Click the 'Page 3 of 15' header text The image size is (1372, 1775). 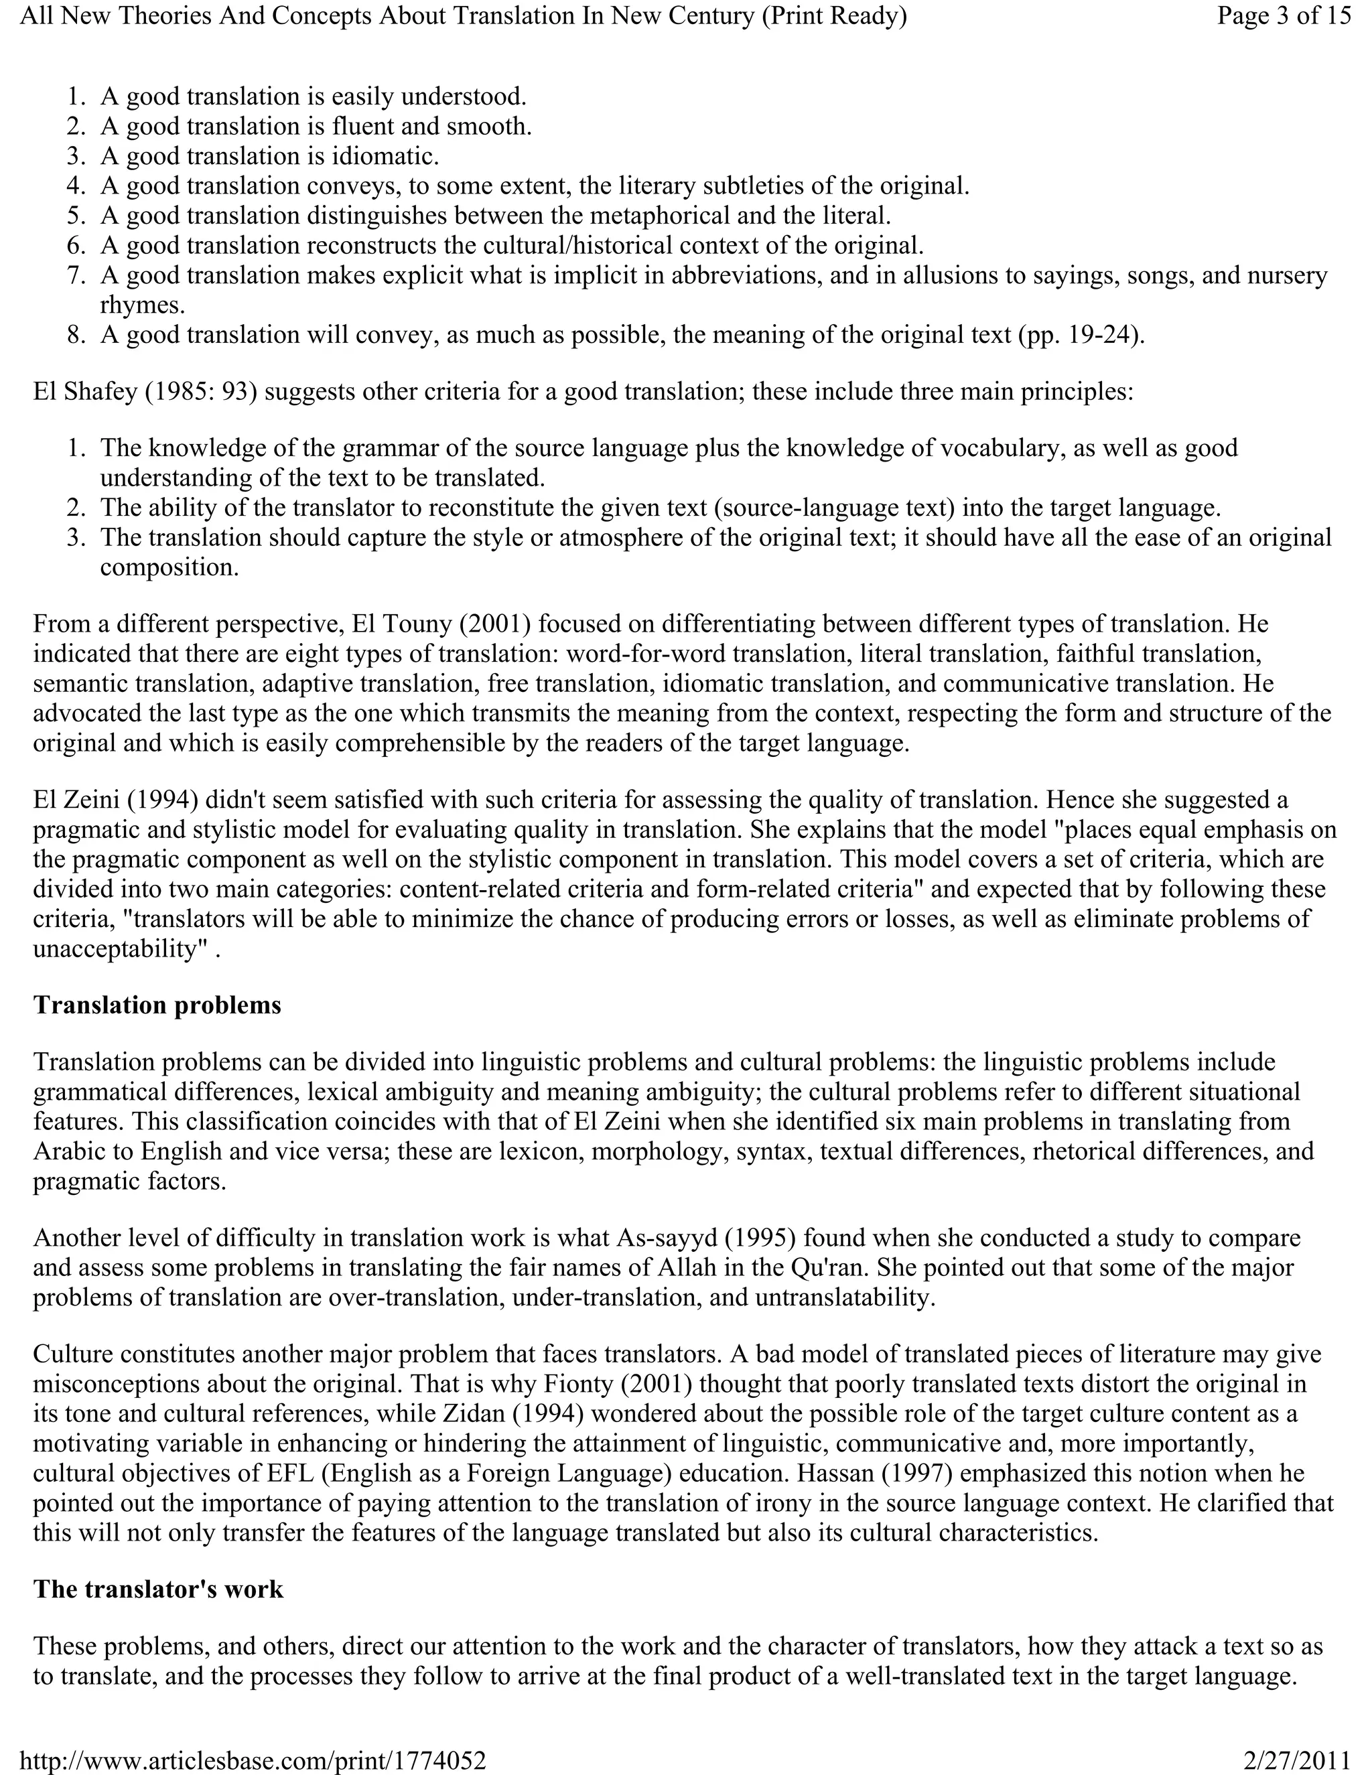[x=1284, y=15]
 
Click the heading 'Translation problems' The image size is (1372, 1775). [x=157, y=1005]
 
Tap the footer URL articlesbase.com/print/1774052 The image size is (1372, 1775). [x=252, y=1761]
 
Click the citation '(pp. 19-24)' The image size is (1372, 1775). [x=1079, y=335]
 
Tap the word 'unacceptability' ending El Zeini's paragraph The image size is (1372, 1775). [x=115, y=949]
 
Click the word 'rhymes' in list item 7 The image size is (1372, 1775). [x=140, y=305]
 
